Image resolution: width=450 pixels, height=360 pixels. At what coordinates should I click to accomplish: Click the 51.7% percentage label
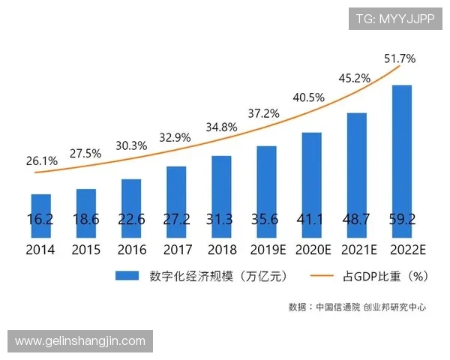click(400, 58)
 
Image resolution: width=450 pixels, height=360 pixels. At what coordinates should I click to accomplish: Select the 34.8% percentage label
click(220, 127)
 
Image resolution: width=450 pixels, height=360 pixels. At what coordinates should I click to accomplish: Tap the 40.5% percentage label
click(309, 97)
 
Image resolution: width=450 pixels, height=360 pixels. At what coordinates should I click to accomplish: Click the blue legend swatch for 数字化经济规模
click(128, 277)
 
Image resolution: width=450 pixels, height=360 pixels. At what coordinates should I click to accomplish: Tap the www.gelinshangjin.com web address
click(80, 341)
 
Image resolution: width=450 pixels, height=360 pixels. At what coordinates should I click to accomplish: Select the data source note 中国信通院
click(337, 307)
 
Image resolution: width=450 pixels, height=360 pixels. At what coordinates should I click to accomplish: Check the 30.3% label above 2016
click(131, 146)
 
